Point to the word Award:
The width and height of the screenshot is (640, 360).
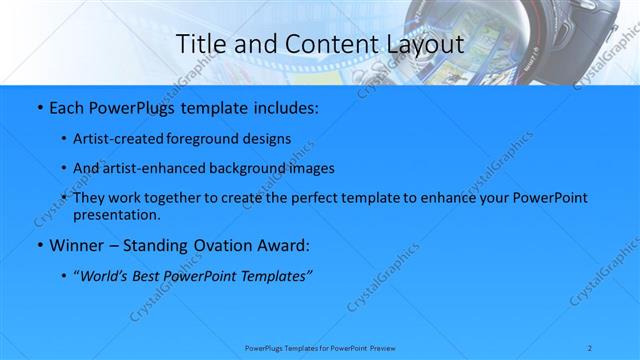(284, 245)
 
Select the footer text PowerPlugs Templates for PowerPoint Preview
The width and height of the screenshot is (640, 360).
(320, 347)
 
